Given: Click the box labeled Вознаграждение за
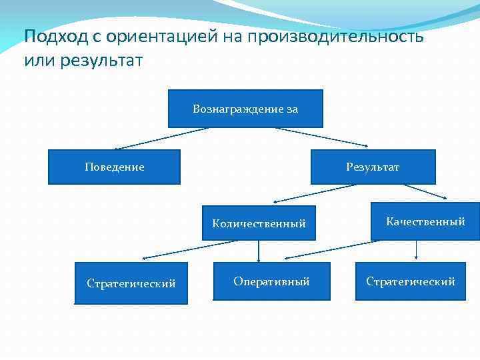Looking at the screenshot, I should [x=245, y=109].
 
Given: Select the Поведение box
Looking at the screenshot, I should [x=114, y=167].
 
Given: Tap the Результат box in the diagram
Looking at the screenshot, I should [x=373, y=167].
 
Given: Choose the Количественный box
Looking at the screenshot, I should [x=259, y=223].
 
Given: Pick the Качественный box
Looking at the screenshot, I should [x=425, y=221].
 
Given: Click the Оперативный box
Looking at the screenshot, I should [x=271, y=281].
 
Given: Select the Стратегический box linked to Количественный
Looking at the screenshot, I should [x=131, y=284].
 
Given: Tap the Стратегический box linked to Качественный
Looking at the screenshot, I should [x=410, y=281].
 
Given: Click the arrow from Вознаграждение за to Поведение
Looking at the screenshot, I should [x=161, y=138].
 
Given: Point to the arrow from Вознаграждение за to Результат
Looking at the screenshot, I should [x=323, y=137].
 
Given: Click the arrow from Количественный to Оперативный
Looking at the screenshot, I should [x=259, y=251].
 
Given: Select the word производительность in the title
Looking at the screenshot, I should [x=335, y=36].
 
